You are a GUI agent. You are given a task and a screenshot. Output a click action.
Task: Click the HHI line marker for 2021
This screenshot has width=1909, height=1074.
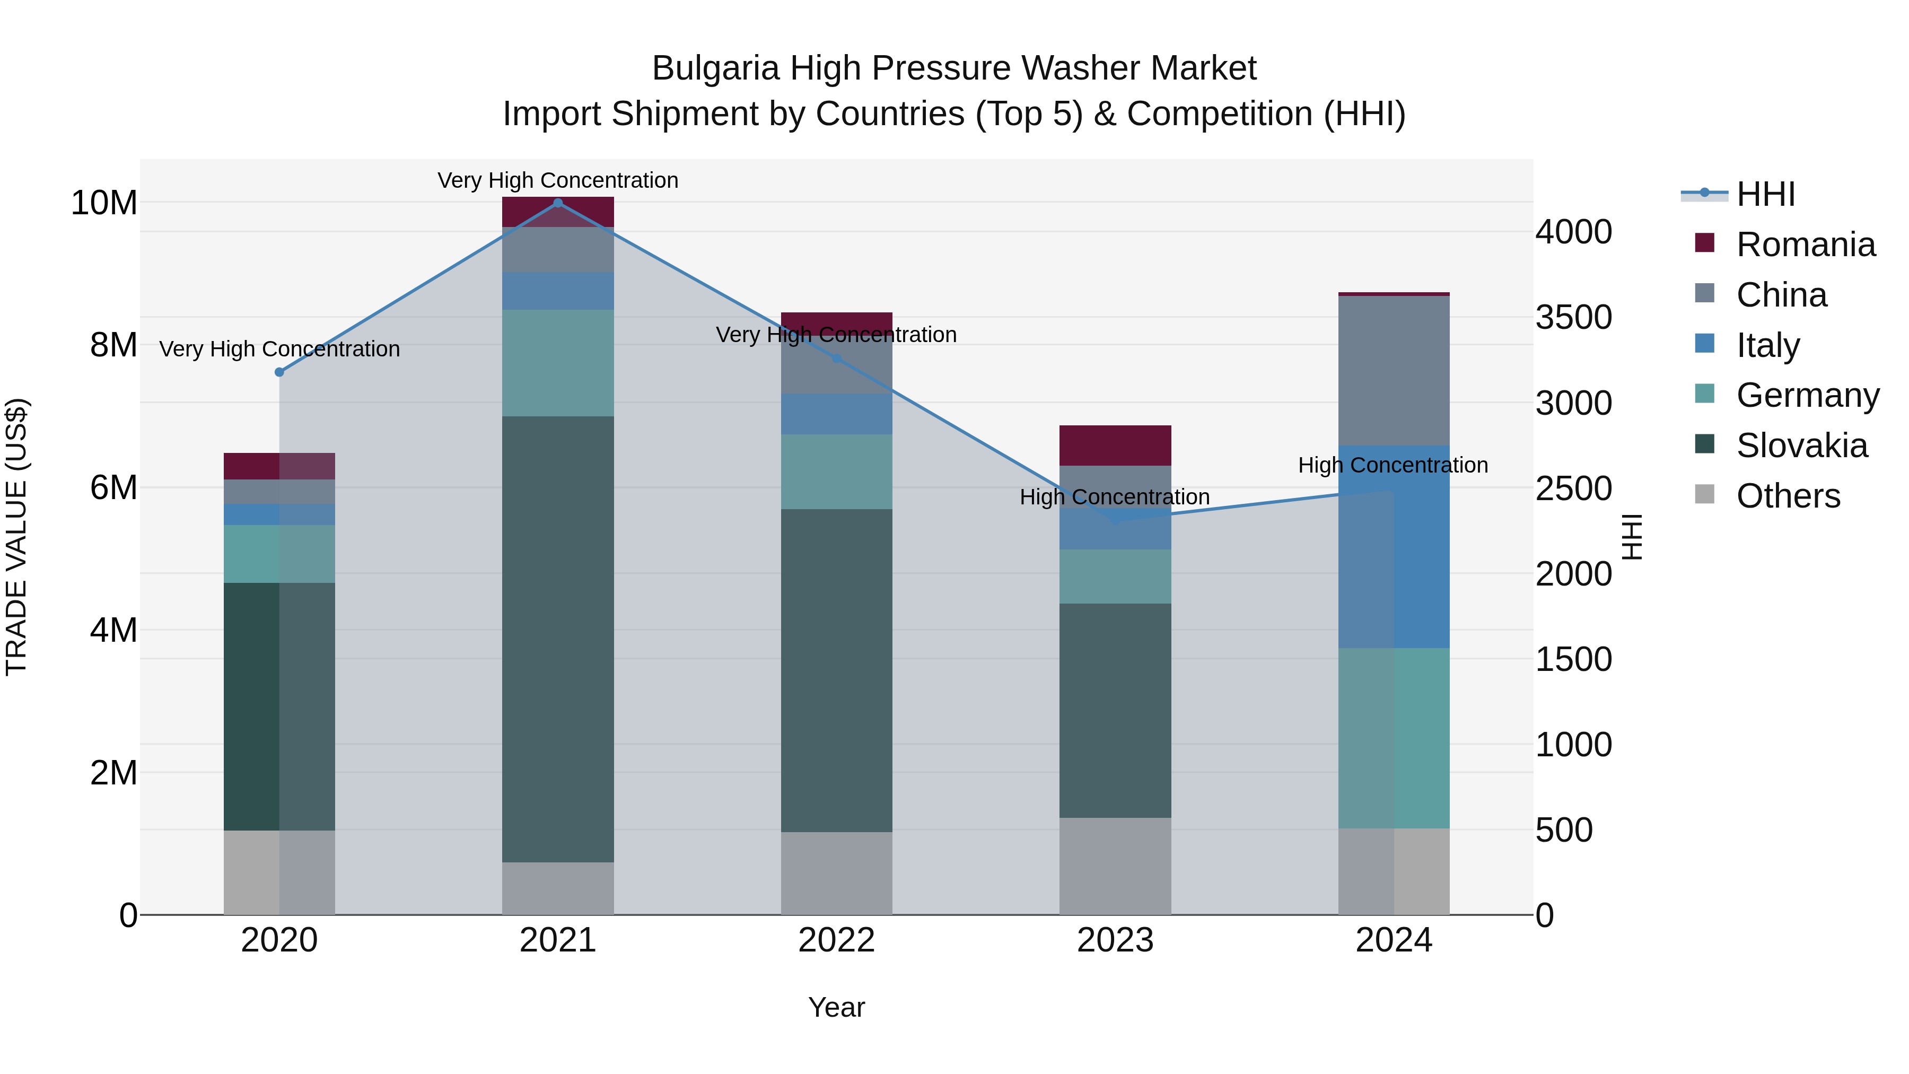[558, 203]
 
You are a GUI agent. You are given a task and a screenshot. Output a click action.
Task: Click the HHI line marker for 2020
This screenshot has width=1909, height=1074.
[279, 372]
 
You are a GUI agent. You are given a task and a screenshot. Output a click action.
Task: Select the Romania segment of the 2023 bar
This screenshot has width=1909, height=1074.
[1115, 446]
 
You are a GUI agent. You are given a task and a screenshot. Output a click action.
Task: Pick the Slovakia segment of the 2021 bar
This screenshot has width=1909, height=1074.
[558, 639]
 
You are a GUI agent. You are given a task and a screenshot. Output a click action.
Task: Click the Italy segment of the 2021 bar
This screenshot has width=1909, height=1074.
[558, 291]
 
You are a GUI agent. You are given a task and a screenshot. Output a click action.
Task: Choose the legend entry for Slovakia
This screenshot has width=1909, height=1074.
[1801, 446]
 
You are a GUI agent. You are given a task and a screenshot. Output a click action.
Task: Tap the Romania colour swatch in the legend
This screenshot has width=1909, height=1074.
[1704, 243]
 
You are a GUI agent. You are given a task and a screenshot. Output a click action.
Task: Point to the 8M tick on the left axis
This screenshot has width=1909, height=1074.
[113, 345]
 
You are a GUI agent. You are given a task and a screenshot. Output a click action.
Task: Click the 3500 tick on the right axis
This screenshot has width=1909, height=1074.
[1573, 317]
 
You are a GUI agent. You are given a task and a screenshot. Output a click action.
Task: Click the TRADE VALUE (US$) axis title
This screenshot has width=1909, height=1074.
[16, 537]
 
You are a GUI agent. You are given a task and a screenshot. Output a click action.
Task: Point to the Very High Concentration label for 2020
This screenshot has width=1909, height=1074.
[279, 349]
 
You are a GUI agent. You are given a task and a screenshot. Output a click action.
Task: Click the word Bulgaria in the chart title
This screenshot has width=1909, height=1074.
[715, 68]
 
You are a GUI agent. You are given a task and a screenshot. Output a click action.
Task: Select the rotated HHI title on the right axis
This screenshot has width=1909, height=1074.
[1632, 537]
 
